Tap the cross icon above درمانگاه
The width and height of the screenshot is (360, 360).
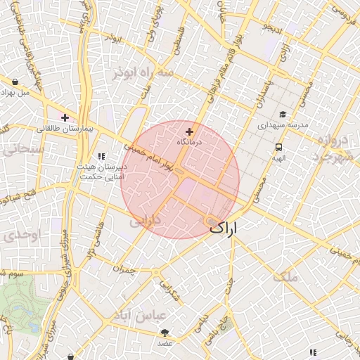coord(189,131)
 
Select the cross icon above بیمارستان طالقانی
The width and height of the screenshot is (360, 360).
coord(65,117)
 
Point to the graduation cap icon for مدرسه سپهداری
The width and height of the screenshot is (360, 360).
coord(283,115)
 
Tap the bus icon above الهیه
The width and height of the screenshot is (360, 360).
coord(279,148)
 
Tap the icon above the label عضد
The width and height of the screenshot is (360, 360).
coord(165,332)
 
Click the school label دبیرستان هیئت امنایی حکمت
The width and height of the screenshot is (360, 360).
coord(101,172)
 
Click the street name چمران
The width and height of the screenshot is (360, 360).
coord(123,268)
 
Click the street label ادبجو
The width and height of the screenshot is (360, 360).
coord(272,30)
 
